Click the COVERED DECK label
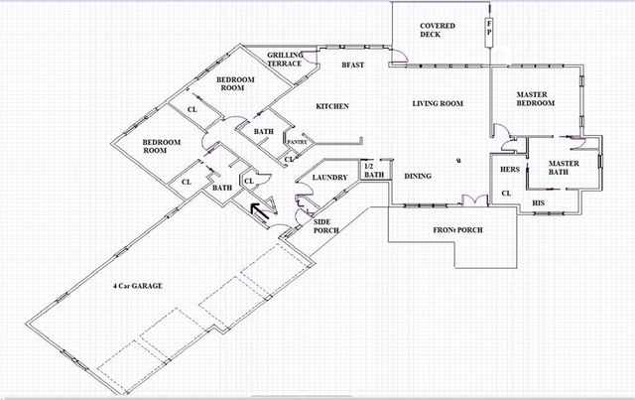(x=437, y=30)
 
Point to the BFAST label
(x=354, y=65)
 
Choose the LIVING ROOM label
(x=439, y=102)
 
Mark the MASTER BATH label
(x=565, y=168)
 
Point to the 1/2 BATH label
(x=373, y=173)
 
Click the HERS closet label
(x=510, y=170)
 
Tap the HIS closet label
(x=539, y=202)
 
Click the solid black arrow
(x=262, y=211)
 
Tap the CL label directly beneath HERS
(x=505, y=193)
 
